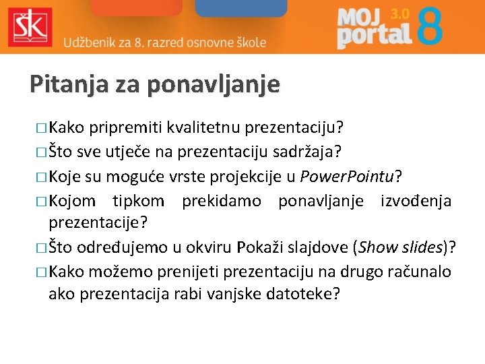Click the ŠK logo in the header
pos(28,26)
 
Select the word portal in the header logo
pos(374,35)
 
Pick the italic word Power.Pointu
pos(347,177)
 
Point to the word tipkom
pos(138,201)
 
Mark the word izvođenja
pos(416,201)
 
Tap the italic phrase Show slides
pos(401,247)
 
